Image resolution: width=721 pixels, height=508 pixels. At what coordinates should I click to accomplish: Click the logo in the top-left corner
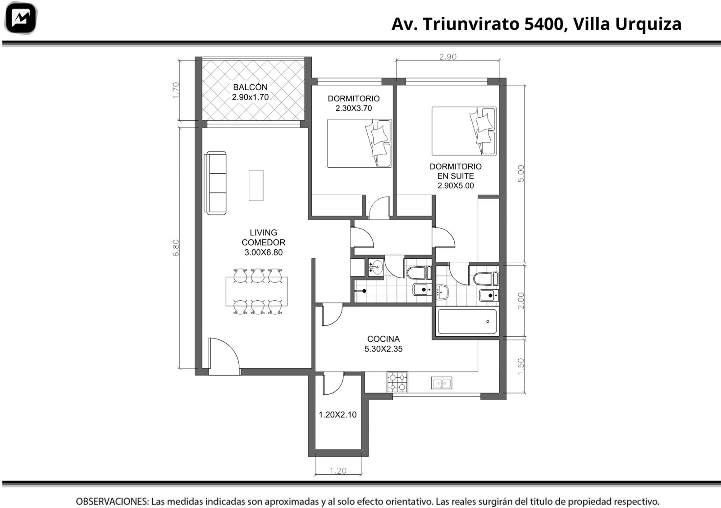(21, 18)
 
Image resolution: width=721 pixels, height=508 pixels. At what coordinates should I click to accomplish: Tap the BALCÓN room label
(250, 87)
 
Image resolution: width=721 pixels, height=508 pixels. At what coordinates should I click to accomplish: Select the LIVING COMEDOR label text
(263, 237)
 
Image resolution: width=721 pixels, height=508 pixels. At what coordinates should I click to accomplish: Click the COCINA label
(383, 339)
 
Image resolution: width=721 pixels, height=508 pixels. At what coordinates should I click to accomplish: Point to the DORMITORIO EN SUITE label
(456, 171)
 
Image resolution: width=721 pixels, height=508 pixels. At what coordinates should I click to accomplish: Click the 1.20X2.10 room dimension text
(338, 415)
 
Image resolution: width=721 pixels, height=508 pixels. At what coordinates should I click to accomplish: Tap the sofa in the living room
(215, 183)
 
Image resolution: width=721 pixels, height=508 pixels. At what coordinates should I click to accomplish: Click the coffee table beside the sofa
(256, 185)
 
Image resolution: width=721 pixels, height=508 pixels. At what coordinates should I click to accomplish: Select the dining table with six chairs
(256, 291)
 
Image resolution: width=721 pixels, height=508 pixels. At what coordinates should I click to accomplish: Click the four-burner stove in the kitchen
(397, 382)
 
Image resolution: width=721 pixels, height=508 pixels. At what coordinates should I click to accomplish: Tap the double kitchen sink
(442, 383)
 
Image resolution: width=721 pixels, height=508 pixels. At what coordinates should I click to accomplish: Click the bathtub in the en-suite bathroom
(467, 321)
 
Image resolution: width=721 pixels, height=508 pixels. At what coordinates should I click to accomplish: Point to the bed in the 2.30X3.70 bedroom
(360, 143)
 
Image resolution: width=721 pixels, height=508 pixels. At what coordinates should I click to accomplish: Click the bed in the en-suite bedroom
(464, 131)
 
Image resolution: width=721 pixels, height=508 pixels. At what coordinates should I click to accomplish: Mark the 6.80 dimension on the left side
(176, 248)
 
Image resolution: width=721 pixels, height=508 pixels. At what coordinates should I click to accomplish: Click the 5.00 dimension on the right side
(521, 174)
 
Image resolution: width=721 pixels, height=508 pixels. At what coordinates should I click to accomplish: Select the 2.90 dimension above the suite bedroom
(448, 57)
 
